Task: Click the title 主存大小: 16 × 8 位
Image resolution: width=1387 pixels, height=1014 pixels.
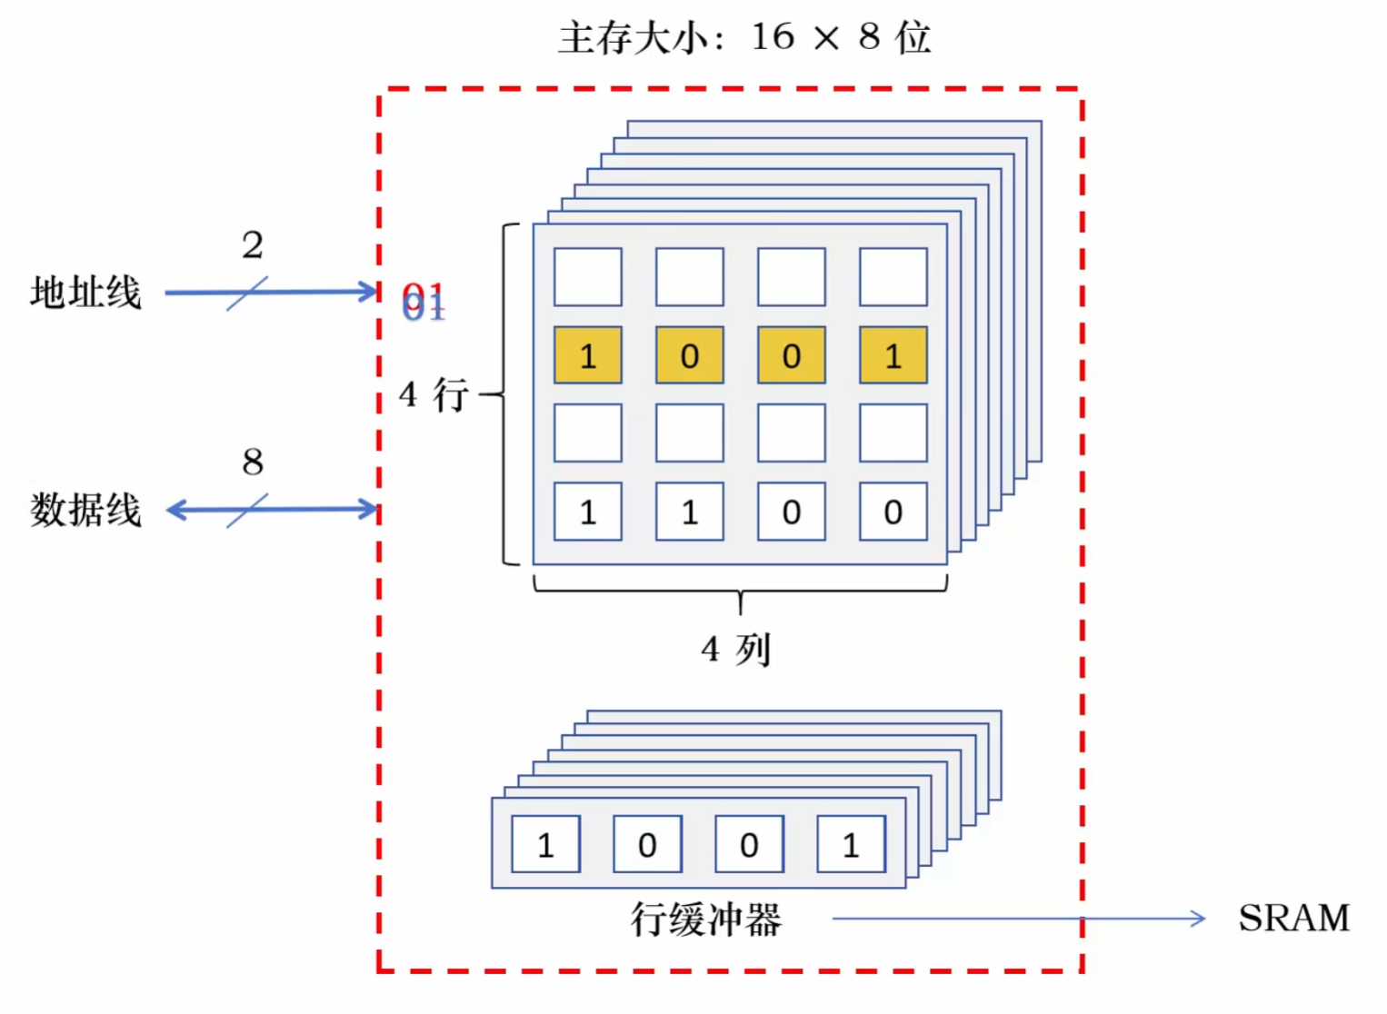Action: [x=744, y=38]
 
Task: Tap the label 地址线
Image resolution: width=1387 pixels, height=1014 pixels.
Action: [x=85, y=293]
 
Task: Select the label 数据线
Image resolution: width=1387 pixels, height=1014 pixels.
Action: [x=85, y=510]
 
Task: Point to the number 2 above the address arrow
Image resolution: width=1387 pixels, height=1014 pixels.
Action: [x=253, y=244]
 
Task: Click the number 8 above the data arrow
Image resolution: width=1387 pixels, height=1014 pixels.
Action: [x=253, y=462]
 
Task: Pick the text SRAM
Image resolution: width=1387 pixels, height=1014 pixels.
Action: [x=1293, y=918]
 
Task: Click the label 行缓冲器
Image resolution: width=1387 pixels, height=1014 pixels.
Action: [x=706, y=920]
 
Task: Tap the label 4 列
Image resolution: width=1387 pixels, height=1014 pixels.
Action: [x=735, y=650]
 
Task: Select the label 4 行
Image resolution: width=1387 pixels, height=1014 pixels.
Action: [x=434, y=395]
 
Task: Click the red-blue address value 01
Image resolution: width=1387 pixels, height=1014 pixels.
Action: [x=424, y=301]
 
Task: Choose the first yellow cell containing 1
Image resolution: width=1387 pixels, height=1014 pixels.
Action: [x=588, y=355]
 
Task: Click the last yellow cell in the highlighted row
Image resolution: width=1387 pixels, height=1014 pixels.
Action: [x=893, y=355]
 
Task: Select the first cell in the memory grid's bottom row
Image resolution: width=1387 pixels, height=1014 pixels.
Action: [x=588, y=512]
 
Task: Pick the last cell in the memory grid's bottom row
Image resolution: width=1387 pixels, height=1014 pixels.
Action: [x=893, y=512]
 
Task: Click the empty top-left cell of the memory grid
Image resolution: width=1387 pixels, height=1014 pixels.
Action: [x=588, y=277]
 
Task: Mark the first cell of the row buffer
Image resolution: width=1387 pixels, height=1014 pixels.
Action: [x=545, y=844]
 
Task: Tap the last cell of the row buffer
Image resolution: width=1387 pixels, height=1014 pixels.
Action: [x=851, y=844]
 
